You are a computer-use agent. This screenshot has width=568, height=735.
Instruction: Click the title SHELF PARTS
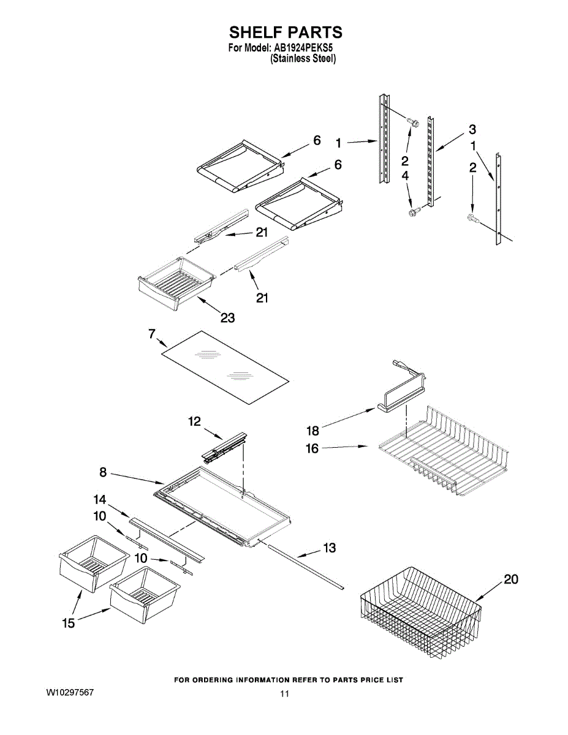(285, 32)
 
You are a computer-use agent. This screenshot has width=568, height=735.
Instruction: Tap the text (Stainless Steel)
(303, 59)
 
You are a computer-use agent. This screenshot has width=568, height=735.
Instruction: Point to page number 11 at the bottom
(284, 694)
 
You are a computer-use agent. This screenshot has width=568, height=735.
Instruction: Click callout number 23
(227, 318)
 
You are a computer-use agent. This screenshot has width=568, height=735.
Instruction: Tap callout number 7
(151, 334)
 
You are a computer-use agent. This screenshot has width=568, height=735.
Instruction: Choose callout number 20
(510, 579)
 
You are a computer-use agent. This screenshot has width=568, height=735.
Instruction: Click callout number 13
(330, 548)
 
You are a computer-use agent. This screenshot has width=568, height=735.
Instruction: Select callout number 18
(312, 431)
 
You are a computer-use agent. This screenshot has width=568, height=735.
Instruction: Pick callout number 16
(312, 448)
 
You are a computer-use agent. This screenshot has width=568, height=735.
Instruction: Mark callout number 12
(194, 421)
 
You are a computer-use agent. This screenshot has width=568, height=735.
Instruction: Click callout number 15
(68, 623)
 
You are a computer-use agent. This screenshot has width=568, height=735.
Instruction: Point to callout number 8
(103, 472)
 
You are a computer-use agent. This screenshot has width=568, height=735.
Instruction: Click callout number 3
(472, 129)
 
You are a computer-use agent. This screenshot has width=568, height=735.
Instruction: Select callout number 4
(405, 176)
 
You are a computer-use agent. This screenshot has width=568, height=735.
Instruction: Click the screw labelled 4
(412, 212)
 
